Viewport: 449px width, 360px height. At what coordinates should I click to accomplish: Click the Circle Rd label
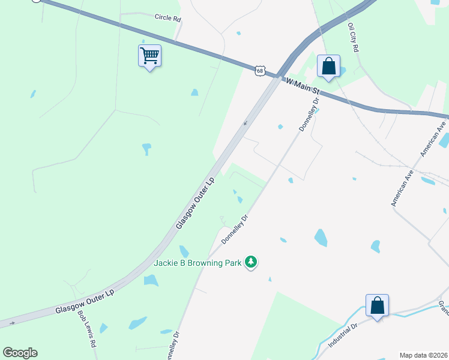[x=167, y=18]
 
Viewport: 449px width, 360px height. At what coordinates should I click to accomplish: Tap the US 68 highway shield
[x=259, y=71]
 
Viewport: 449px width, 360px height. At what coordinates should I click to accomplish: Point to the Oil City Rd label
[x=353, y=37]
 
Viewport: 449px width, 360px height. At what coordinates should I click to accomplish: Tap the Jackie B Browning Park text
[x=197, y=262]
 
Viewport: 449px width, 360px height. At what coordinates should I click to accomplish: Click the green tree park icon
[x=250, y=262]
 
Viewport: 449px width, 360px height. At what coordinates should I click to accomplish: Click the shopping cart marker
[x=149, y=56]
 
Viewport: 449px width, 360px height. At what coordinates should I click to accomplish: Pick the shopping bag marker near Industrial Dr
[x=377, y=306]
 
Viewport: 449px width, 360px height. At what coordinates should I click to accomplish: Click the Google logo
[x=20, y=353]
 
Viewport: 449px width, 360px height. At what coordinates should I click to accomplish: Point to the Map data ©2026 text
[x=423, y=355]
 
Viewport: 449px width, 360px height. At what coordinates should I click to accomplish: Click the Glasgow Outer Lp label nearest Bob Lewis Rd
[x=84, y=301]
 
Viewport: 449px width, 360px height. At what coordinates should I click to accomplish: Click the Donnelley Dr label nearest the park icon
[x=235, y=229]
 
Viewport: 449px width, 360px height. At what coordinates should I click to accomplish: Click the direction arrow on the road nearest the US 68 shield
[x=244, y=124]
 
